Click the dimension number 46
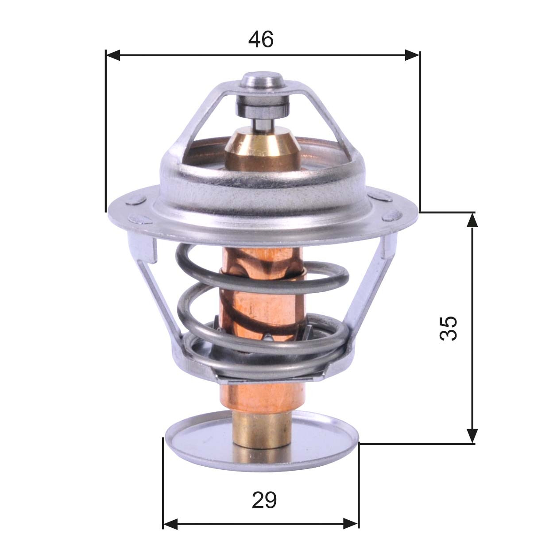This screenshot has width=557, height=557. click(x=261, y=40)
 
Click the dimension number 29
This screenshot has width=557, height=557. click(x=264, y=501)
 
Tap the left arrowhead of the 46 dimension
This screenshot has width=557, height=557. click(x=113, y=55)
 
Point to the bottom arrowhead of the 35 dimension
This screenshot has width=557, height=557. click(x=473, y=436)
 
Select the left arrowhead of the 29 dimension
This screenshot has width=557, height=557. click(x=170, y=524)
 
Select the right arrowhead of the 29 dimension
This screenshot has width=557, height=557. click(x=351, y=524)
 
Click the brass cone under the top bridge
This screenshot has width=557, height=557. click(x=262, y=146)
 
